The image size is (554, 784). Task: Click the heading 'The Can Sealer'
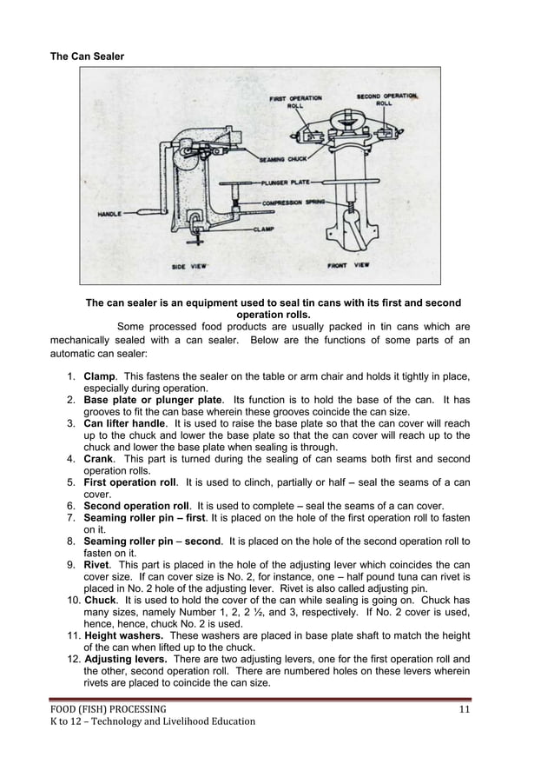point(87,56)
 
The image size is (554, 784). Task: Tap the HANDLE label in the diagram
point(109,214)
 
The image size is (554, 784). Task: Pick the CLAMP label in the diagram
point(265,229)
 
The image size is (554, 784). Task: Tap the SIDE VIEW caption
point(188,266)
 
